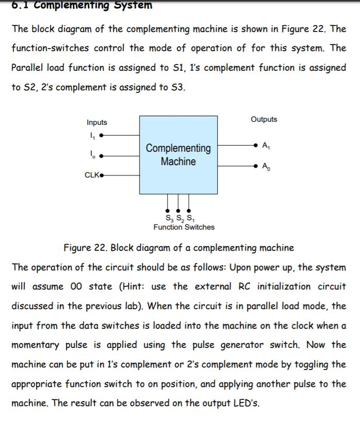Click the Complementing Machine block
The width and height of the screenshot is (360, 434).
click(x=178, y=155)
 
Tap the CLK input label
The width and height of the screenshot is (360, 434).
click(x=91, y=175)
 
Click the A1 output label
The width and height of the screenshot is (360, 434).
click(x=266, y=146)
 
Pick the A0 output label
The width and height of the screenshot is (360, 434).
click(x=266, y=166)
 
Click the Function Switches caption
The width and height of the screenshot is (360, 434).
click(x=184, y=227)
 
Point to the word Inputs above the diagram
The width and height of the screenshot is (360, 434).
click(x=97, y=122)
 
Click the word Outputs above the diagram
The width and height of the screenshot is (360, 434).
click(x=264, y=119)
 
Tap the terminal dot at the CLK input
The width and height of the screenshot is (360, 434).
click(x=102, y=175)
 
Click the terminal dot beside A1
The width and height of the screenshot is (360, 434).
click(x=256, y=146)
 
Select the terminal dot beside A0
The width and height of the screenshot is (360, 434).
click(x=256, y=166)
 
